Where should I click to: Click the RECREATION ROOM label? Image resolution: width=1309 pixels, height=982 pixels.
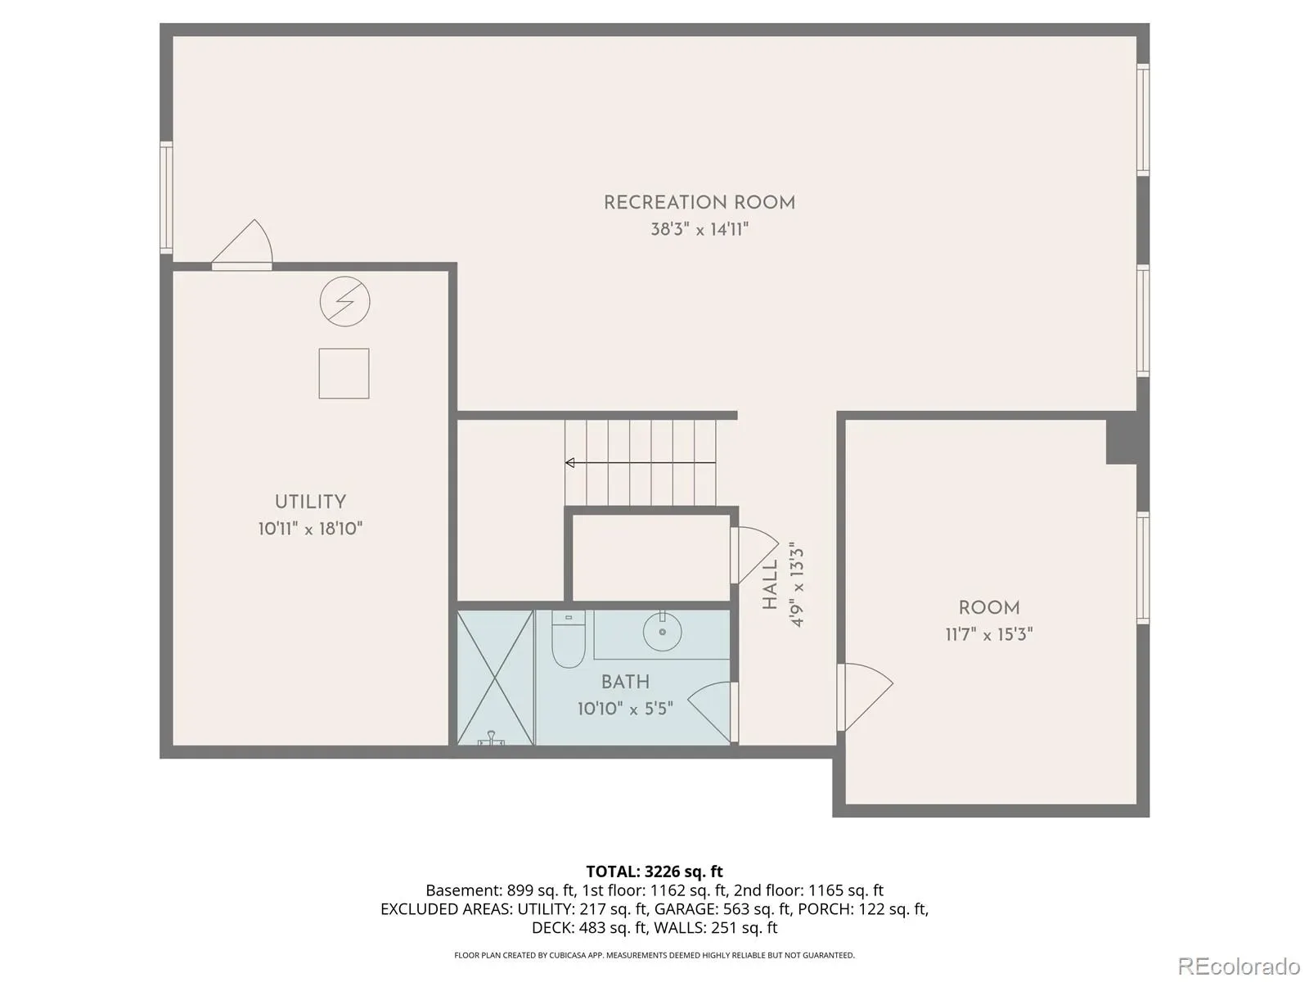coord(699,203)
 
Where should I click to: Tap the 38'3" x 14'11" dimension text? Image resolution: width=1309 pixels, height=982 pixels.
coord(699,229)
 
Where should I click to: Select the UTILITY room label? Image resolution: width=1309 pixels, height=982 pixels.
coord(310,502)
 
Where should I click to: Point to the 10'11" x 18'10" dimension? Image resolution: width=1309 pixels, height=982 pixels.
coord(310,529)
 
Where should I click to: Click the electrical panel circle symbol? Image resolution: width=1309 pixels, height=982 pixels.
coord(344,301)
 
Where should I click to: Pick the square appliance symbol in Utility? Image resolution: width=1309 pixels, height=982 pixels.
coord(344,373)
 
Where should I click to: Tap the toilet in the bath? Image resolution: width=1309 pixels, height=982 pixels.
coord(569,638)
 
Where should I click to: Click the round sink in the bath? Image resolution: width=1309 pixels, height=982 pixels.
coord(662,632)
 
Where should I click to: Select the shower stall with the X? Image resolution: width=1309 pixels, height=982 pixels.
coord(495,678)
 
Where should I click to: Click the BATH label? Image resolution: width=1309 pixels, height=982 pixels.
coord(625,682)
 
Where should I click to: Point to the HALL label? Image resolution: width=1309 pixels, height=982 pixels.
coord(770,583)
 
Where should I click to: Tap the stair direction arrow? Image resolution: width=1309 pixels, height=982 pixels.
coord(641,462)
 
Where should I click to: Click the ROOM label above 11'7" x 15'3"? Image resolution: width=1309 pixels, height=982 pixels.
coord(989,607)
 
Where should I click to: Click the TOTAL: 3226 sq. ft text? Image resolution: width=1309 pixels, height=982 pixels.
coord(654,872)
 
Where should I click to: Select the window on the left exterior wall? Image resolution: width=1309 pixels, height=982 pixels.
coord(166,197)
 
